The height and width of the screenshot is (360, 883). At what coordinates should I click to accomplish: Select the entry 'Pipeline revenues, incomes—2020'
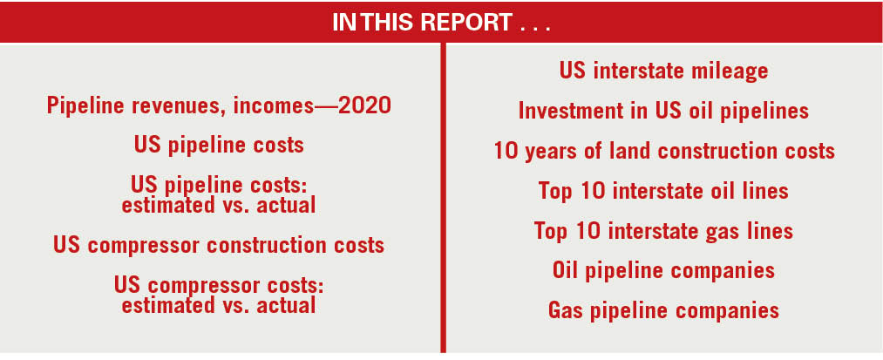218,106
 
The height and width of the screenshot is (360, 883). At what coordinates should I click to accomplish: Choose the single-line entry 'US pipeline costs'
218,145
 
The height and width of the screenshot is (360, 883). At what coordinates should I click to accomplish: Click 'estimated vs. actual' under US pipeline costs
218,205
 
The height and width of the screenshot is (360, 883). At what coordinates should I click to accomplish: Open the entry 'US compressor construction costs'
218,245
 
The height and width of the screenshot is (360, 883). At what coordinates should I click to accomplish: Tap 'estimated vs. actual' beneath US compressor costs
218,305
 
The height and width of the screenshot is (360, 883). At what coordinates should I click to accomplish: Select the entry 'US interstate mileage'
663,71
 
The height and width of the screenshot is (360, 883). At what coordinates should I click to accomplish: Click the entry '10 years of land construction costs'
663,151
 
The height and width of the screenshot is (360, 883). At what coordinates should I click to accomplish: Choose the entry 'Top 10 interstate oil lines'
663,191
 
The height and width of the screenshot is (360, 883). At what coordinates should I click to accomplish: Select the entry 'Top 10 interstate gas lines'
663,231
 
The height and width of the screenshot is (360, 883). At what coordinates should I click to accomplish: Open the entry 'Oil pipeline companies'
663,270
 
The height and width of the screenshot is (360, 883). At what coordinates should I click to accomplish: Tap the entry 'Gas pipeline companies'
663,310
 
